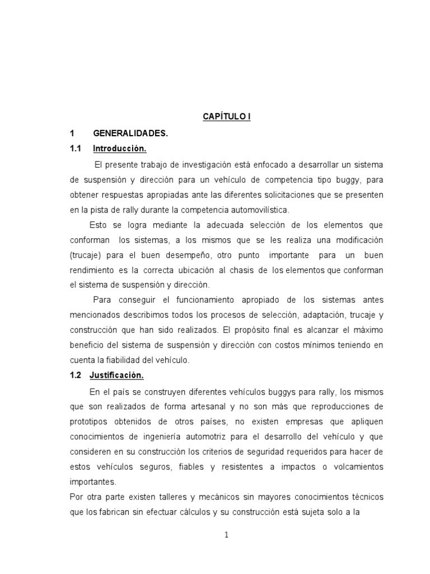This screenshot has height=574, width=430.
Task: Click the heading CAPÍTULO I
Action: pos(226,117)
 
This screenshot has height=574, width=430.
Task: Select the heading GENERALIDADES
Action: pos(130,133)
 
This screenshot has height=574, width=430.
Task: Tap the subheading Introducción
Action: pos(119,149)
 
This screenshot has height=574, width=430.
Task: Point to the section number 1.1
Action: pos(76,149)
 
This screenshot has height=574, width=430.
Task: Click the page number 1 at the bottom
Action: pos(226,534)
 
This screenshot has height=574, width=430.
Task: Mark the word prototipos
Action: pos(90,421)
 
